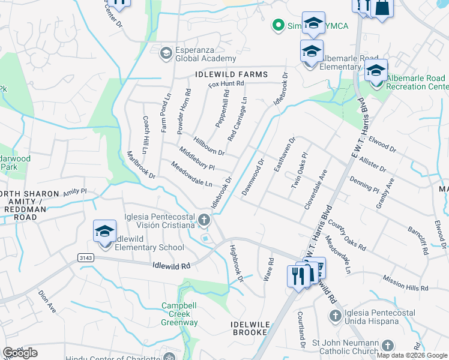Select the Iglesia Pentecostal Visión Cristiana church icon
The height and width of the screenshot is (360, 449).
pyautogui.click(x=204, y=220)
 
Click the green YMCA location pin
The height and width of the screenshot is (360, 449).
pyautogui.click(x=277, y=25)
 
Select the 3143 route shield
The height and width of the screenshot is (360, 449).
pyautogui.click(x=86, y=257)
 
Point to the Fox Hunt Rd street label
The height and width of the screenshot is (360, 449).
pyautogui.click(x=226, y=85)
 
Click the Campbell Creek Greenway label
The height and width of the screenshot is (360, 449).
pyautogui.click(x=179, y=314)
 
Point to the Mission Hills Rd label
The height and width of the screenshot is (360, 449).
pyautogui.click(x=407, y=284)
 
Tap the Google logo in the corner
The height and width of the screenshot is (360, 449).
pyautogui.click(x=20, y=352)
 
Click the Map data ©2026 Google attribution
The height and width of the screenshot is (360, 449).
pyautogui.click(x=411, y=355)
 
